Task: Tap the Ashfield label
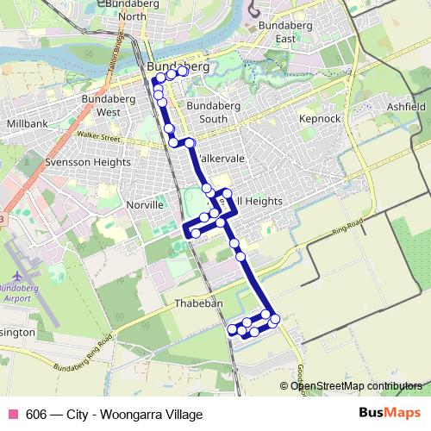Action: [x=405, y=106]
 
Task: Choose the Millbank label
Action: [x=26, y=124]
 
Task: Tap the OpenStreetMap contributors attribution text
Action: [x=356, y=386]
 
